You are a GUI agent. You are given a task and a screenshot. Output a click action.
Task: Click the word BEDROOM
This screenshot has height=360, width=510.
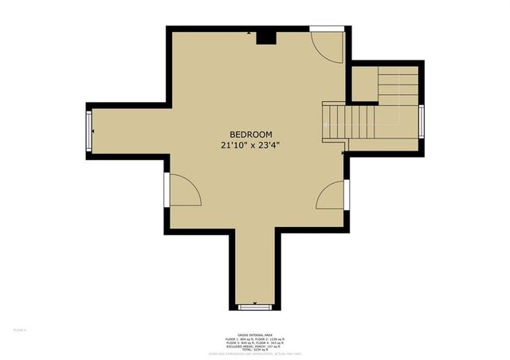(251, 134)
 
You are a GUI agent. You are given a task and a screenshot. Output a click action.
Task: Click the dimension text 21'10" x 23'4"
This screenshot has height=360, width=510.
(251, 146)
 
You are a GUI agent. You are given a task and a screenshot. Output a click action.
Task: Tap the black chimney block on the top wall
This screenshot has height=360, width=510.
(266, 37)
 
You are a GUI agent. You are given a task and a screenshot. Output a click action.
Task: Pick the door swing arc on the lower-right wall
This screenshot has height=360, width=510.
(330, 195)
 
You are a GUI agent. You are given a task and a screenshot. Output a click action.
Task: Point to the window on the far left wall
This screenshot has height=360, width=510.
(90, 130)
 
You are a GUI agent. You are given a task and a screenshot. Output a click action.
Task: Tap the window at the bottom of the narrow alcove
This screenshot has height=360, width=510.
(255, 306)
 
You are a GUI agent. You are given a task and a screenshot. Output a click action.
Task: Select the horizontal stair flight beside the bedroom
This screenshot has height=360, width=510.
(348, 122)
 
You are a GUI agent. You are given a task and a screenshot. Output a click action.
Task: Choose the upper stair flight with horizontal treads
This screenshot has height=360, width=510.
(398, 84)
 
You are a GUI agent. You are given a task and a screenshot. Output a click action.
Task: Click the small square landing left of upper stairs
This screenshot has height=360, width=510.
(364, 84)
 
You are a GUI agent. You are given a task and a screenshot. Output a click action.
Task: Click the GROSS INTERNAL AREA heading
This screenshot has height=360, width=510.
(254, 334)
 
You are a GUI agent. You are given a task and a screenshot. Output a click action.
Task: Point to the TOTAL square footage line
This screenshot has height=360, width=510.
(254, 349)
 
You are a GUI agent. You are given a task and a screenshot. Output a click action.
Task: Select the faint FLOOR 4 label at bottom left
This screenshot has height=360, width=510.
(20, 329)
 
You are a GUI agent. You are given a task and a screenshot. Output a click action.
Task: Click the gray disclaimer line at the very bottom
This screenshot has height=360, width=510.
(254, 354)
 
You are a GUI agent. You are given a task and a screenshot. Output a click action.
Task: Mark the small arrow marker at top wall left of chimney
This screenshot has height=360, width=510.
(249, 33)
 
